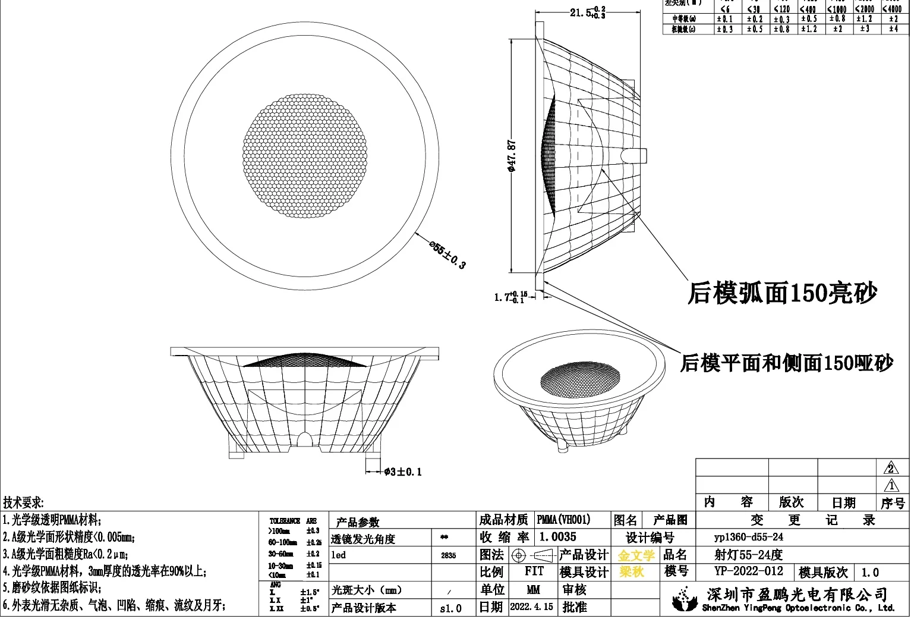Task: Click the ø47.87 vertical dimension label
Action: pyautogui.click(x=511, y=156)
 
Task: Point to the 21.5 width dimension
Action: pyautogui.click(x=587, y=12)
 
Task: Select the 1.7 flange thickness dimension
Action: pyautogui.click(x=510, y=296)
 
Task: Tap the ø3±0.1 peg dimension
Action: pyautogui.click(x=402, y=472)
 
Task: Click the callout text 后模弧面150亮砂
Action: pyautogui.click(x=782, y=293)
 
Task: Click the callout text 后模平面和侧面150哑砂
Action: pyautogui.click(x=786, y=363)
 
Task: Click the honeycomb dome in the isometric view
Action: pyautogui.click(x=580, y=379)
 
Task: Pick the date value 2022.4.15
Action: pyautogui.click(x=531, y=607)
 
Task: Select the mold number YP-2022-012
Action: pyautogui.click(x=749, y=571)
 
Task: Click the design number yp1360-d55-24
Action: pyautogui.click(x=748, y=537)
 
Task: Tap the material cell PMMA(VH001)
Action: pyautogui.click(x=563, y=520)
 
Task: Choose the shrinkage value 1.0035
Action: pyautogui.click(x=557, y=537)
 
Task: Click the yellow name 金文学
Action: pyautogui.click(x=636, y=555)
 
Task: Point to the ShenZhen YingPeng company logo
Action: pyautogui.click(x=685, y=599)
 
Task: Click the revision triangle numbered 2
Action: pyautogui.click(x=890, y=468)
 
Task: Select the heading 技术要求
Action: pyautogui.click(x=23, y=503)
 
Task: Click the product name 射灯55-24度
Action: pyautogui.click(x=748, y=555)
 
